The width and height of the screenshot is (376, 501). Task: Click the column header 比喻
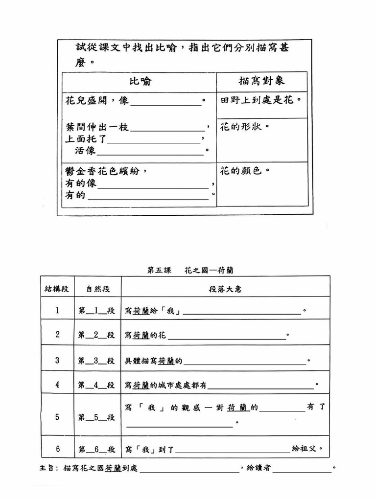[x=140, y=82]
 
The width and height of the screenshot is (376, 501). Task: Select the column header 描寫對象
[x=262, y=81]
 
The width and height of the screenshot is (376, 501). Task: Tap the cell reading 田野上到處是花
[x=260, y=100]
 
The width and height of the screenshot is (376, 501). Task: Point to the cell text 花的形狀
[x=245, y=127]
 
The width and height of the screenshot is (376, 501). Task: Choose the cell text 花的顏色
[x=245, y=171]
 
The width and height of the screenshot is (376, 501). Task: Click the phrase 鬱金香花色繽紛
[x=106, y=171]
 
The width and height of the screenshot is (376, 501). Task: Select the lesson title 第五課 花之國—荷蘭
[x=190, y=270]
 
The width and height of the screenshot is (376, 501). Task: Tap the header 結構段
[x=57, y=289]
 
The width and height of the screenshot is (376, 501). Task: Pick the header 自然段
[x=97, y=289]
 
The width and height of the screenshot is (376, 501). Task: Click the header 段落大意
[x=225, y=289]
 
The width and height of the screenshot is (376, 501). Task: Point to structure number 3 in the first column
[x=57, y=361]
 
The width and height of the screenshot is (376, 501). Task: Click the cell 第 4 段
[x=96, y=385]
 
